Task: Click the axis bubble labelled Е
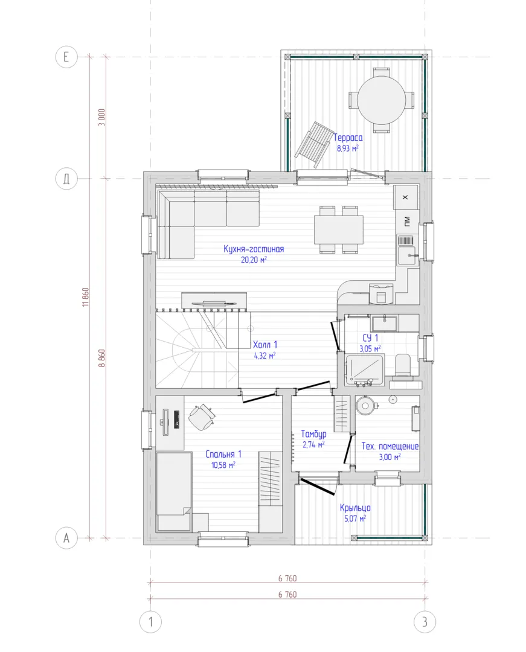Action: click(x=66, y=57)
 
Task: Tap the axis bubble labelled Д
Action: click(x=66, y=179)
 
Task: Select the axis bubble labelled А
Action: click(x=66, y=538)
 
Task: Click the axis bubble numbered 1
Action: click(x=150, y=622)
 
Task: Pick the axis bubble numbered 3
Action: click(x=425, y=622)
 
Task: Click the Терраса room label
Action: click(x=348, y=138)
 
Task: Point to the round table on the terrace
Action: click(x=381, y=100)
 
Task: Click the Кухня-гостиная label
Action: click(x=254, y=249)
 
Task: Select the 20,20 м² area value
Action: click(x=254, y=260)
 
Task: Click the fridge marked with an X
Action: click(x=405, y=197)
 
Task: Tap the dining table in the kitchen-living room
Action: click(x=338, y=229)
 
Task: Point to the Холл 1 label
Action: click(x=265, y=345)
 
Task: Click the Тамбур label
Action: click(x=313, y=434)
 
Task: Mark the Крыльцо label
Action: click(x=355, y=508)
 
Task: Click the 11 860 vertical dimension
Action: click(x=86, y=297)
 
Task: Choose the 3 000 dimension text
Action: click(x=101, y=117)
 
